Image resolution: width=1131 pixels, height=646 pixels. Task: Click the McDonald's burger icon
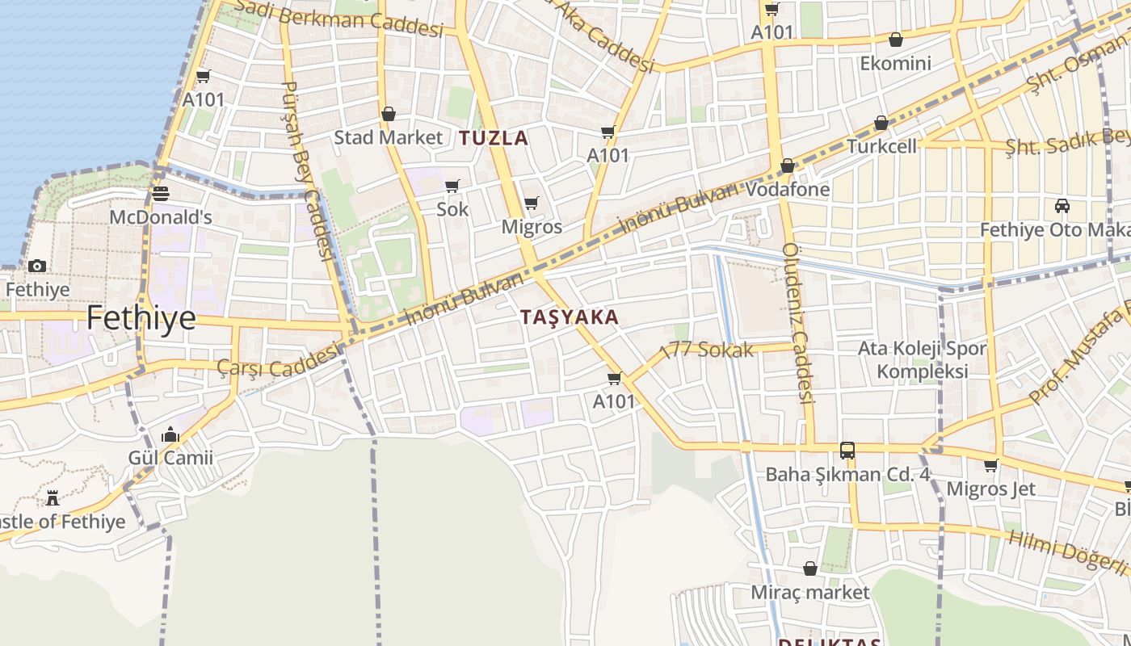pyautogui.click(x=160, y=194)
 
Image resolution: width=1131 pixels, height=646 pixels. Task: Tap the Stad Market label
pyautogui.click(x=389, y=137)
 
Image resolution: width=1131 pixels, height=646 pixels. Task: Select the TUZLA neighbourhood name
pyautogui.click(x=494, y=138)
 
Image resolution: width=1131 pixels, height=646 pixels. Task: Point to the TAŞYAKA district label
pyautogui.click(x=570, y=317)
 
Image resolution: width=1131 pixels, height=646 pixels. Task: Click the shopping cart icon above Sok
pyautogui.click(x=452, y=187)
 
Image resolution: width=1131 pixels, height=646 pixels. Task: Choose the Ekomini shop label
pyautogui.click(x=895, y=63)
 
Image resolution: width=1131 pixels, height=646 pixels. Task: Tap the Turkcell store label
pyautogui.click(x=881, y=146)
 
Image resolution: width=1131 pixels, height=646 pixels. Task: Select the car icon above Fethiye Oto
pyautogui.click(x=1062, y=206)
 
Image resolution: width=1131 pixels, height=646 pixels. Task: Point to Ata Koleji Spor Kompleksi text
pyautogui.click(x=922, y=360)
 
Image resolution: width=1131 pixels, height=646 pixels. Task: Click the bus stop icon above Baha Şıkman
pyautogui.click(x=847, y=451)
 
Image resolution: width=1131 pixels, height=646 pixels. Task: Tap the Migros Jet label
pyautogui.click(x=990, y=489)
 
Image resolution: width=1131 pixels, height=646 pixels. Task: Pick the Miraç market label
pyautogui.click(x=810, y=592)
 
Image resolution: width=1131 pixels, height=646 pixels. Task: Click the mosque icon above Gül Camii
pyautogui.click(x=170, y=436)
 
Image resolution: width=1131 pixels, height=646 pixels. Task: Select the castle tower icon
pyautogui.click(x=53, y=497)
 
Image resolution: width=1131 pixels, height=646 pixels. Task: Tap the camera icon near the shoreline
pyautogui.click(x=37, y=266)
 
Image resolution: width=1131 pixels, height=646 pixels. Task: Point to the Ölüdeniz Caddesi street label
pyautogui.click(x=797, y=323)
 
